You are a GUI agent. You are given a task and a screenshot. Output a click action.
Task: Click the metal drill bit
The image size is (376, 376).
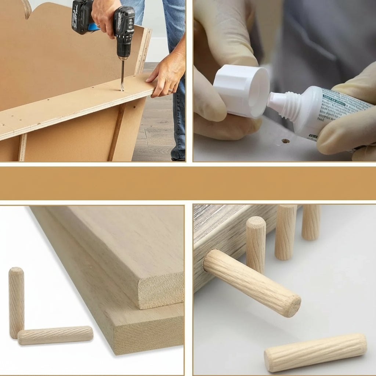[x=122, y=76]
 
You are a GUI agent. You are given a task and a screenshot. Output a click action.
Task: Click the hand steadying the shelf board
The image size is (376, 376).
[x=166, y=76]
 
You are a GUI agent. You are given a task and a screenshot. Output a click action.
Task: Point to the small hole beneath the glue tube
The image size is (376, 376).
[x=285, y=141]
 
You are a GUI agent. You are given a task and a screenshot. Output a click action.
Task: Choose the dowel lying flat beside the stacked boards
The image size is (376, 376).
[x=55, y=336]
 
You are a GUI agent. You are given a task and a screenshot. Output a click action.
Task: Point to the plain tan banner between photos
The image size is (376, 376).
[x=188, y=183]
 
